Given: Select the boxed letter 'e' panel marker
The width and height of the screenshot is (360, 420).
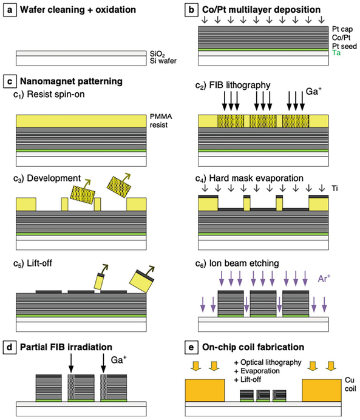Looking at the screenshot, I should (191, 348).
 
